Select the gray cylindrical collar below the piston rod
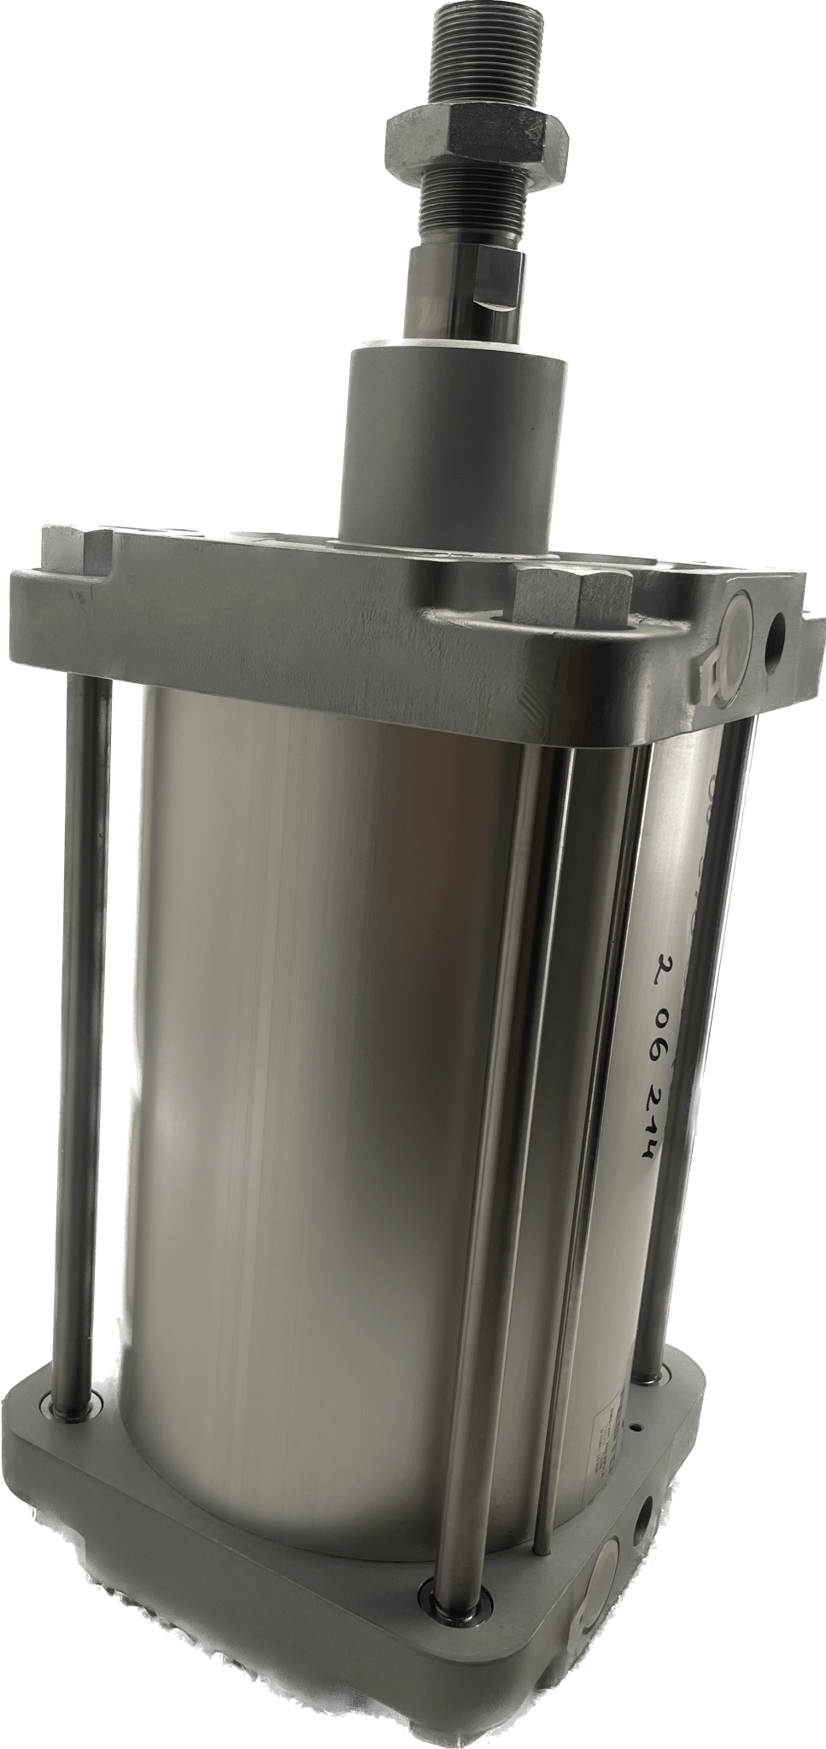pos(453,445)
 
